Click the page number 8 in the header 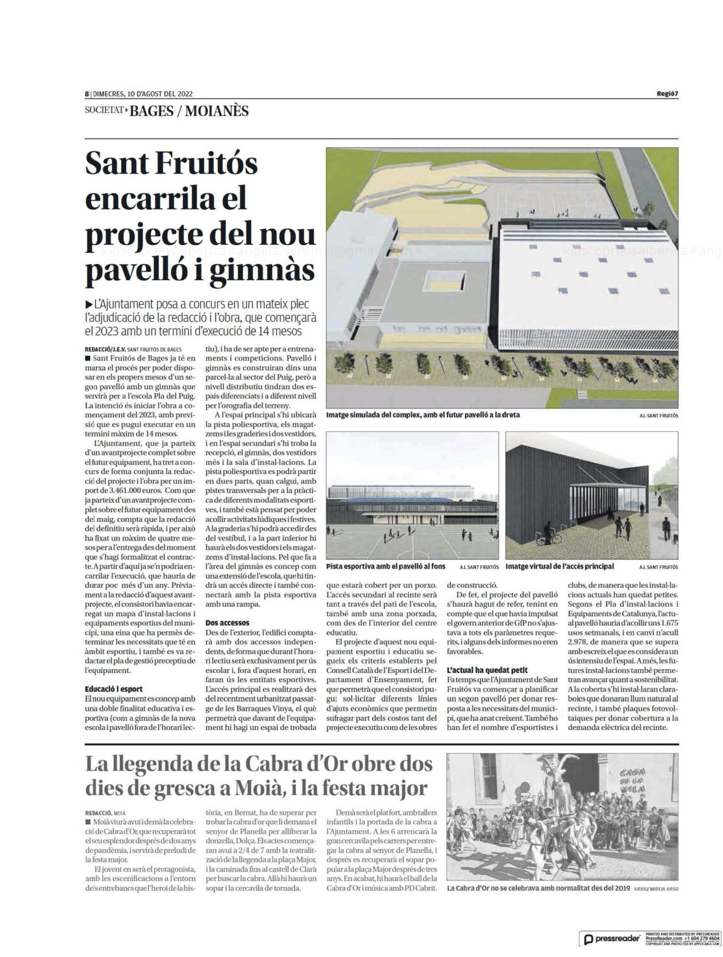pos(86,93)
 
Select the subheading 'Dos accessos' pos(228,622)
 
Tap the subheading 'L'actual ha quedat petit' pos(483,671)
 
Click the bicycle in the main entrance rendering pos(548,538)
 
